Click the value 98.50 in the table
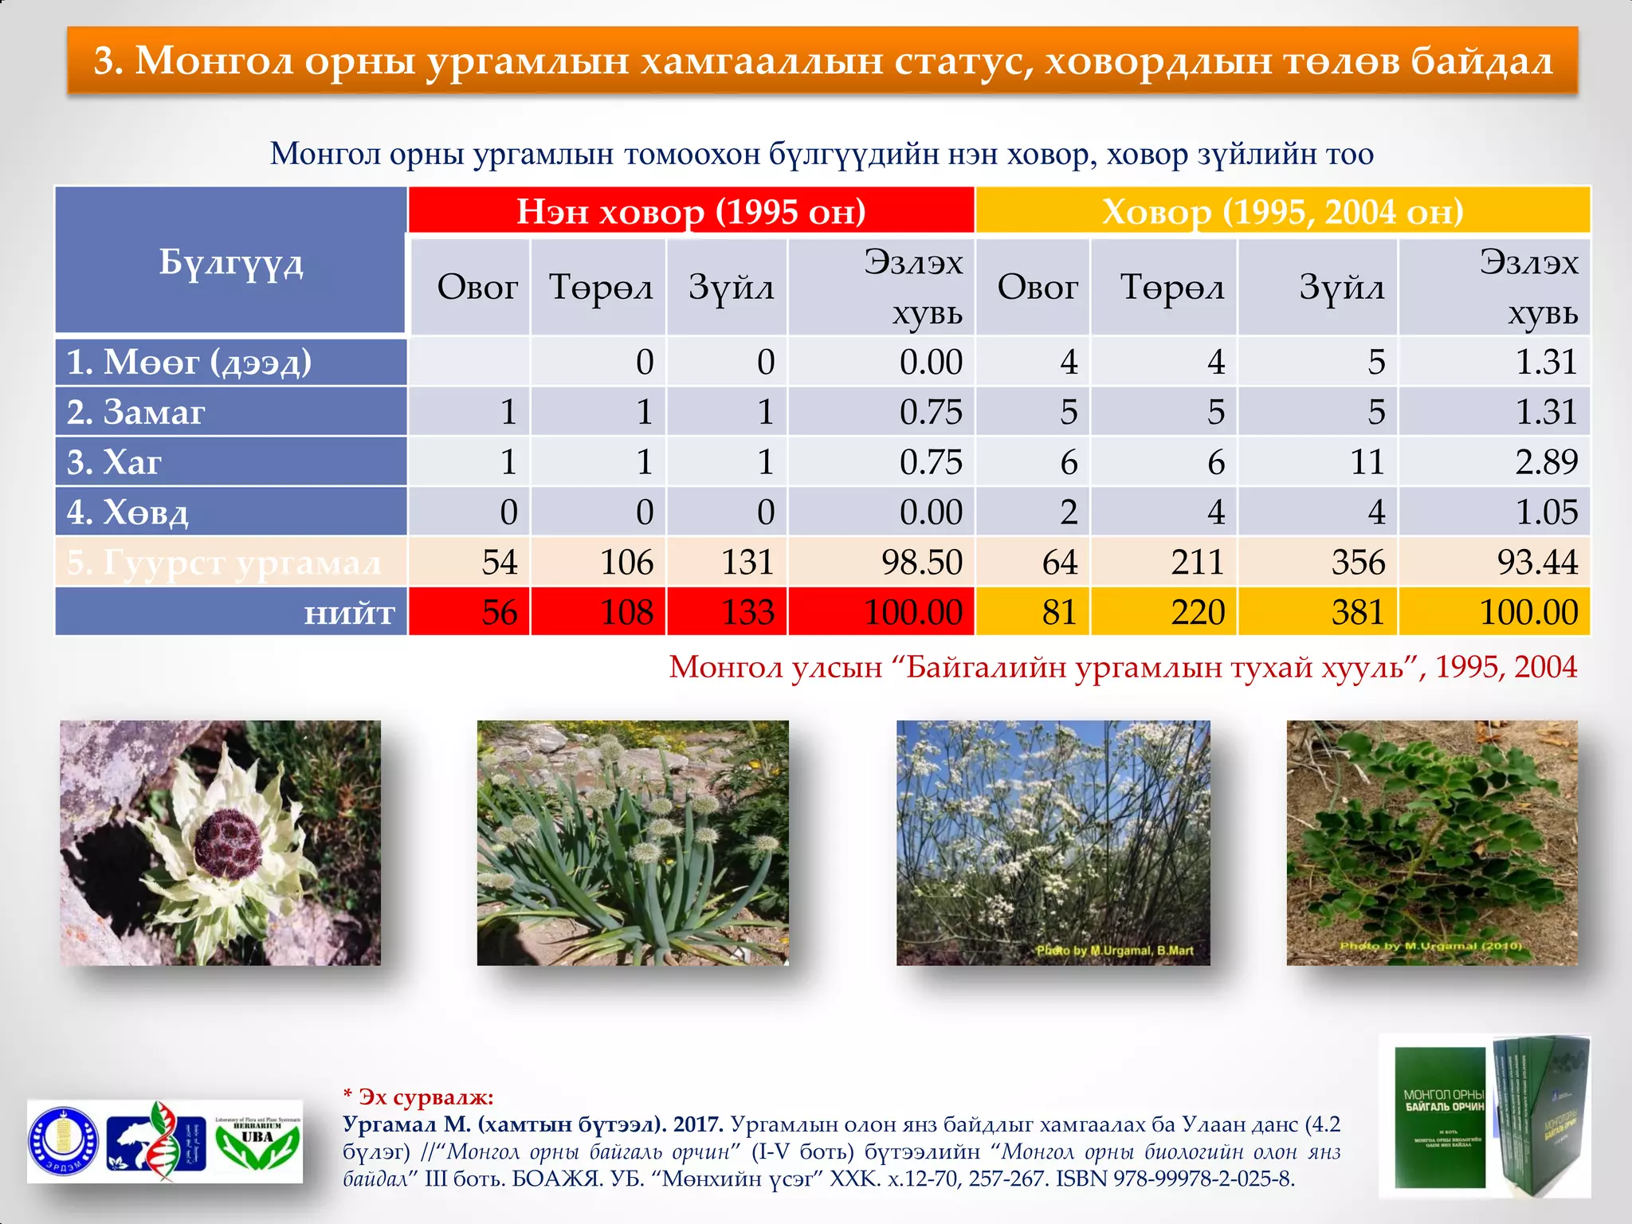(921, 563)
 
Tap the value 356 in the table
(1358, 563)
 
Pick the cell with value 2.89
(1546, 462)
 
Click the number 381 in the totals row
(1358, 613)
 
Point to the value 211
(1197, 563)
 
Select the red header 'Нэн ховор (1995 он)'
(691, 211)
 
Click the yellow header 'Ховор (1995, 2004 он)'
(1282, 211)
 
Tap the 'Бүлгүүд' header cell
(231, 261)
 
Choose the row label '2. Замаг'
(135, 412)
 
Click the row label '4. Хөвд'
(127, 512)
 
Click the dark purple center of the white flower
(229, 841)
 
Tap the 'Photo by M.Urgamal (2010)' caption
(1430, 946)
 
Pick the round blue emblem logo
(64, 1141)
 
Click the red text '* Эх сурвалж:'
(418, 1097)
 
